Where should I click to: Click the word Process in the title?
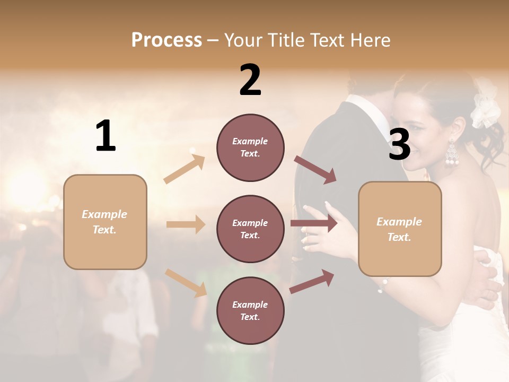pos(166,40)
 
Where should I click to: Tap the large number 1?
pos(106,136)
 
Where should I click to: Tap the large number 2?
pos(250,80)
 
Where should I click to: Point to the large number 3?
pos(399,144)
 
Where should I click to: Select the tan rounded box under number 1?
pos(105,222)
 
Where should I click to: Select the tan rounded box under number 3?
pos(400,229)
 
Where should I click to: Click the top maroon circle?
pos(250,147)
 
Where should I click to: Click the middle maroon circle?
pos(250,229)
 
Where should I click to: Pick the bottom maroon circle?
pos(250,311)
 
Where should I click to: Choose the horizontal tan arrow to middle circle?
pos(186,224)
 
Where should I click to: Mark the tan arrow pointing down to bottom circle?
pos(186,283)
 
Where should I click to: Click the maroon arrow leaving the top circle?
pos(315,170)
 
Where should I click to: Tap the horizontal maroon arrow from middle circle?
pos(313,223)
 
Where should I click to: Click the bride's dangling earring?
pos(451,154)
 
